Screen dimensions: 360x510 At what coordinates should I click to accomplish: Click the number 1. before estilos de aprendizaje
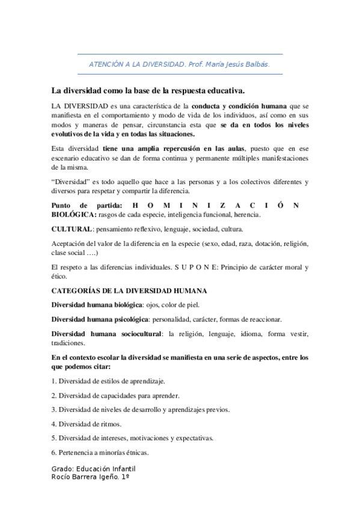pyautogui.click(x=53, y=381)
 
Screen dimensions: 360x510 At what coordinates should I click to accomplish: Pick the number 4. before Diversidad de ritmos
pyautogui.click(x=53, y=423)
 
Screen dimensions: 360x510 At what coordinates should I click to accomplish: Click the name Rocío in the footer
pyautogui.click(x=62, y=477)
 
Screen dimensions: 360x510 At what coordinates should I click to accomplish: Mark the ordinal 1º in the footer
pyautogui.click(x=126, y=477)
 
